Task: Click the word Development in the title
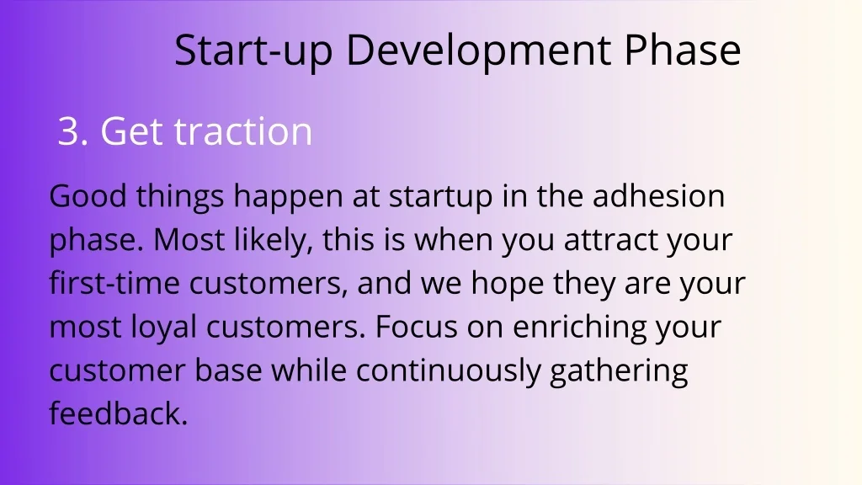click(x=479, y=51)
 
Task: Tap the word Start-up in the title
click(x=253, y=51)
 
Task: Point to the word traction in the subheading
click(x=243, y=131)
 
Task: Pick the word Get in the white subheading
click(x=132, y=131)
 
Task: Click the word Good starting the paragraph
click(x=88, y=196)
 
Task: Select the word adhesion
click(x=658, y=196)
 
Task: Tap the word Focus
click(x=416, y=327)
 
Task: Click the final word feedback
click(x=119, y=413)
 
